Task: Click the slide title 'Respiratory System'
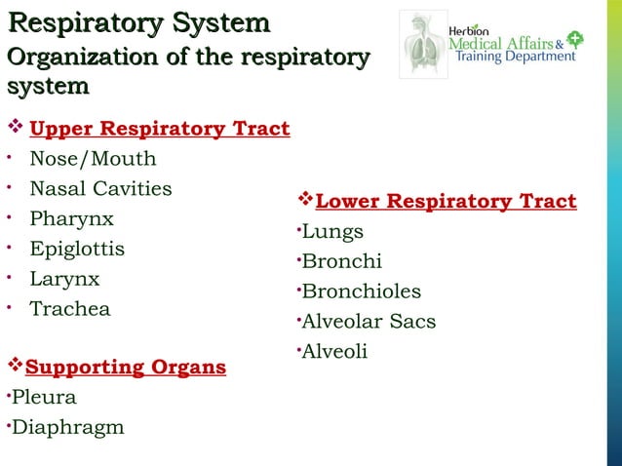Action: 137,22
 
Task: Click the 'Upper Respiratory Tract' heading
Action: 160,129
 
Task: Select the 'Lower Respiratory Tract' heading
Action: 447,202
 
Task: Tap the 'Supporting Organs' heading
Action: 126,368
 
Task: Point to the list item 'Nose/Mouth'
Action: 93,159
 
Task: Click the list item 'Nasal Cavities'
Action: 100,188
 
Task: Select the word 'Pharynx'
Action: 71,218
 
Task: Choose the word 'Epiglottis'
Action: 77,249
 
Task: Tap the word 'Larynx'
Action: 64,279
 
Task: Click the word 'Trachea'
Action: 70,309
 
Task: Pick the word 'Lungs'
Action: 332,232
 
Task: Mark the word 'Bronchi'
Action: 342,261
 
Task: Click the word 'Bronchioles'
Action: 362,291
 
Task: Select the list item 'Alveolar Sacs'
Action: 369,322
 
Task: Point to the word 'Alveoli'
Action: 334,351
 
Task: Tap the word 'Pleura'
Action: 44,398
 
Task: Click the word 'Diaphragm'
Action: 67,427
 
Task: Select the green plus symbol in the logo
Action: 575,40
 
